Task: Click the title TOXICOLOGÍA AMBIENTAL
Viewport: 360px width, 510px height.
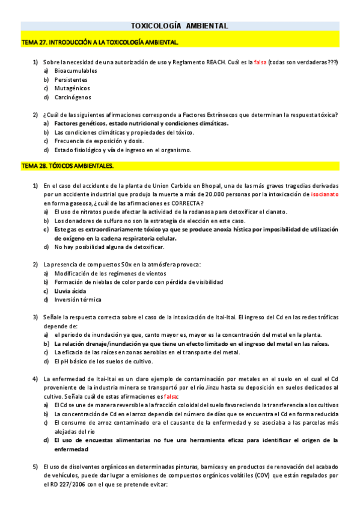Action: point(179,26)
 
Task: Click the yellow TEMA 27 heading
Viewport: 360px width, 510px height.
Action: point(100,43)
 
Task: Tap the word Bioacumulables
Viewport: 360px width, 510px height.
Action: point(76,70)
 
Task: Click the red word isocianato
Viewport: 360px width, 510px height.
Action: point(325,194)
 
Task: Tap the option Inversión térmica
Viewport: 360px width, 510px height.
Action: point(78,300)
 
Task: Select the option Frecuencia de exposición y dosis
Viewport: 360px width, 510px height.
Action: point(98,141)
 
